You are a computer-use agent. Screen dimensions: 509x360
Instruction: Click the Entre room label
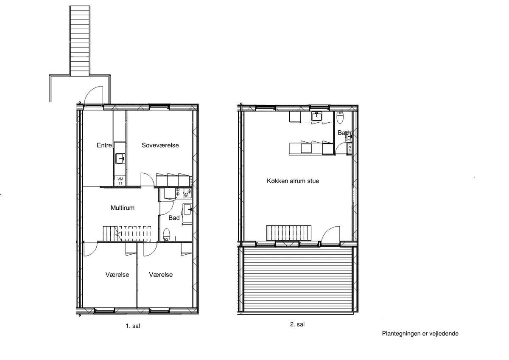[x=104, y=145]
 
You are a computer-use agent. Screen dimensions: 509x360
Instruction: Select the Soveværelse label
[x=160, y=145]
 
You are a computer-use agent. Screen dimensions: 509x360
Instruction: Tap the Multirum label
[x=123, y=208]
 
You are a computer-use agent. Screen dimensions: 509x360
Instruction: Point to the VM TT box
[x=120, y=181]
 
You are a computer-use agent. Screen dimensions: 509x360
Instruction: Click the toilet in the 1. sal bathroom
[x=166, y=234]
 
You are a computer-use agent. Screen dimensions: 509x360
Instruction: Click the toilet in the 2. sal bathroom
[x=340, y=117]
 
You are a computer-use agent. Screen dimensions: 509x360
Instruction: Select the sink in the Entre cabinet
[x=120, y=158]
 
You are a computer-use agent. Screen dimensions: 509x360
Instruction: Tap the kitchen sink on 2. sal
[x=316, y=116]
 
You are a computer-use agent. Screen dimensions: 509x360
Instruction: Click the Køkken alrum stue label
[x=293, y=181]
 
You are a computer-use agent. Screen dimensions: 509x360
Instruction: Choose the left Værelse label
[x=117, y=275]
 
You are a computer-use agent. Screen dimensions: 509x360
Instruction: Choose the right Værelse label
[x=161, y=275]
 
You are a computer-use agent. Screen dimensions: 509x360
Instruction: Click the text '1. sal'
[x=133, y=326]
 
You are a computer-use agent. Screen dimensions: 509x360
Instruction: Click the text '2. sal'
[x=297, y=324]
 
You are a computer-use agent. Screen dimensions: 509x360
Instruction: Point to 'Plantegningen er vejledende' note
[x=420, y=334]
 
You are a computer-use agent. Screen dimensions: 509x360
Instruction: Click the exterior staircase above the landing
[x=80, y=41]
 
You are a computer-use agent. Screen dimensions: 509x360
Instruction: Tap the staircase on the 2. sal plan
[x=289, y=233]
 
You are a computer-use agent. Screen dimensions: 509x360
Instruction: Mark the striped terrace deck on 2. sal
[x=298, y=279]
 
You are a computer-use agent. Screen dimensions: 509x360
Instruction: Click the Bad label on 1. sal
[x=174, y=218]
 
